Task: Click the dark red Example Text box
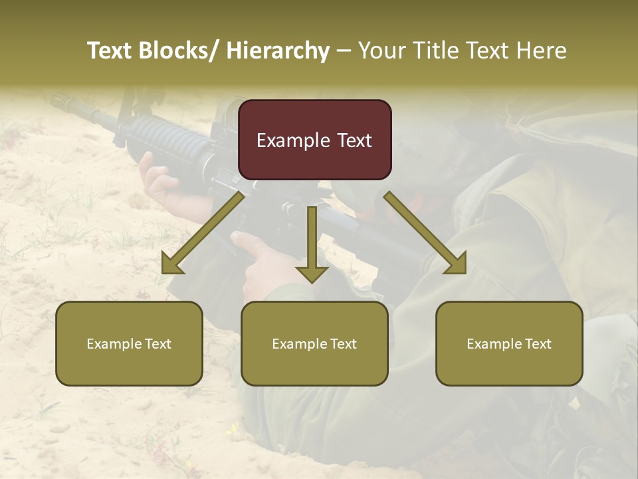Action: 314,140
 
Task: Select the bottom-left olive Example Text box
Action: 129,343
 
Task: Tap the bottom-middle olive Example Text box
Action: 314,343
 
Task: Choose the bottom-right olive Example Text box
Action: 509,343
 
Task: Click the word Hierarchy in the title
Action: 278,51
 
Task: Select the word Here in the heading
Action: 542,51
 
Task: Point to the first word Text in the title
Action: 111,51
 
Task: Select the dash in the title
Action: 344,51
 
